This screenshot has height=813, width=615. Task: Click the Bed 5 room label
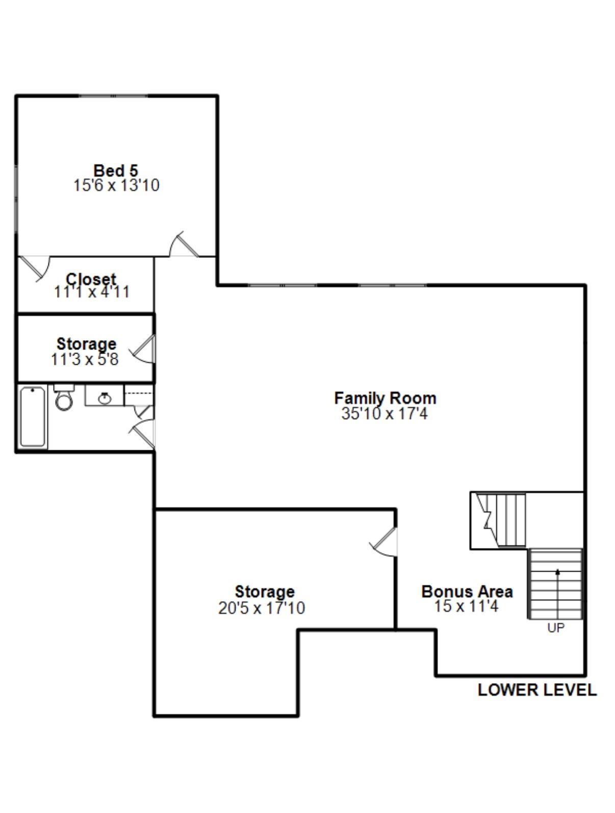tap(116, 170)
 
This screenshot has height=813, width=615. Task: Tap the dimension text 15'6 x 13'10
tap(116, 185)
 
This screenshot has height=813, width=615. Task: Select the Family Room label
tap(385, 397)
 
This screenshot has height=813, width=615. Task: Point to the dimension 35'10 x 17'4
tap(385, 414)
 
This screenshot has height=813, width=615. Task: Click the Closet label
tap(91, 279)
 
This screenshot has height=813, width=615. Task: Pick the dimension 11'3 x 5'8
tap(85, 360)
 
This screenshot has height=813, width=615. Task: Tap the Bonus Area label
tap(467, 591)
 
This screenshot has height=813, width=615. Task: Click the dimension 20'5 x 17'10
tap(262, 608)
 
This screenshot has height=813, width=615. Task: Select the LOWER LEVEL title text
tap(536, 690)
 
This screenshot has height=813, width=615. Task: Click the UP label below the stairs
tap(555, 628)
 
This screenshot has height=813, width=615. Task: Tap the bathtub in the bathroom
tap(33, 416)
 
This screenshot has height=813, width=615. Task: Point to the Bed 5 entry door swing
tap(183, 246)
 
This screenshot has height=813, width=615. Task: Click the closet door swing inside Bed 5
tap(37, 268)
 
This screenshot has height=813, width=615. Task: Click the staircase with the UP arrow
tap(555, 584)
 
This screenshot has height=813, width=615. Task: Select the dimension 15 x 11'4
tap(466, 606)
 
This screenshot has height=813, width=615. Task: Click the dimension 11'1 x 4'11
tap(92, 292)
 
